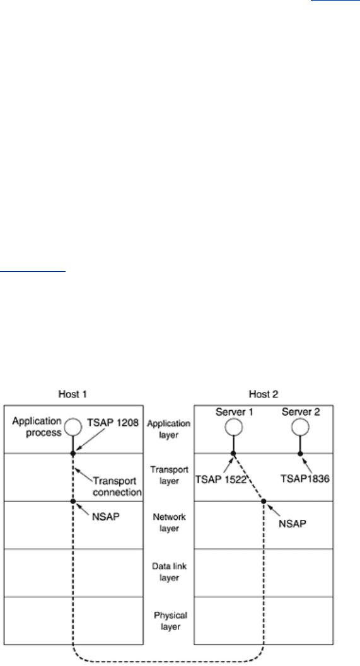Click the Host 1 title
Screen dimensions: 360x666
click(73, 394)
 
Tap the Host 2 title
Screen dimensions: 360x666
click(264, 394)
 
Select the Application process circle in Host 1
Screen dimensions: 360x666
click(73, 427)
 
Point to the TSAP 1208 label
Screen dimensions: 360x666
click(113, 423)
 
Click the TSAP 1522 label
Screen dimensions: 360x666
click(221, 479)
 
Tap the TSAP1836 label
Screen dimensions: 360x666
click(305, 479)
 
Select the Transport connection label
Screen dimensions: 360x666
click(117, 487)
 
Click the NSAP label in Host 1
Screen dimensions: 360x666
click(105, 517)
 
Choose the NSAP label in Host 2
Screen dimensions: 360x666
click(293, 524)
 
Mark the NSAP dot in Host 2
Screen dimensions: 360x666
click(264, 502)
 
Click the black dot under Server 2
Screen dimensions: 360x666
click(300, 454)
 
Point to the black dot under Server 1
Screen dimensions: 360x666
click(233, 454)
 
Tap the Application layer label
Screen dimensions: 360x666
click(169, 429)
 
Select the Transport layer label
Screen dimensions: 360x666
click(169, 475)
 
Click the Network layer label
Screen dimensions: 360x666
click(169, 522)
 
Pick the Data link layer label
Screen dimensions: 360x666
click(169, 571)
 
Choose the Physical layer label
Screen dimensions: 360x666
click(170, 621)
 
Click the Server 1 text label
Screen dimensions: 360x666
click(235, 411)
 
